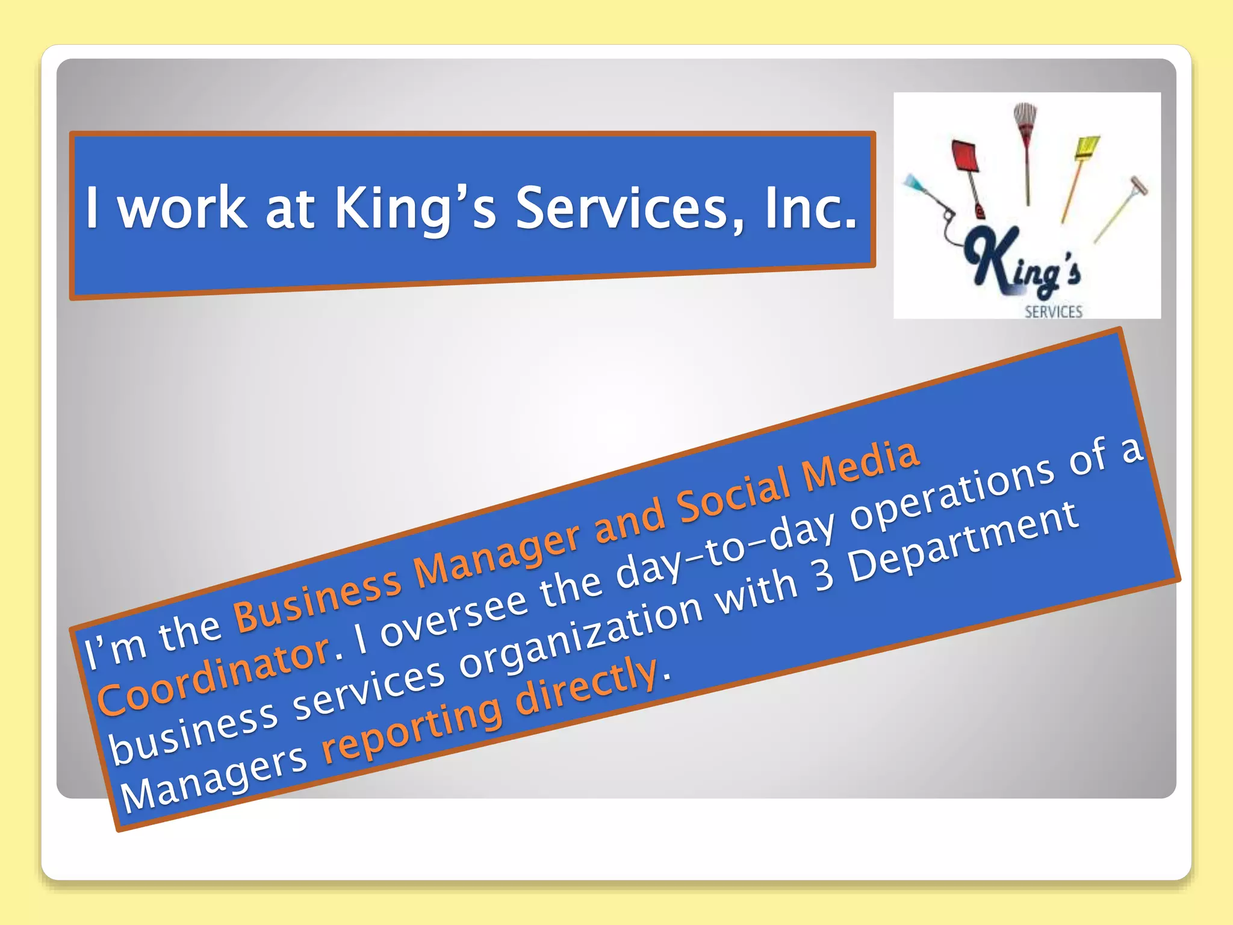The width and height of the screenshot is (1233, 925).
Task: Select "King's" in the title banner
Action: (x=415, y=208)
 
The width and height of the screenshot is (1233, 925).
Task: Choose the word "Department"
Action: (x=963, y=542)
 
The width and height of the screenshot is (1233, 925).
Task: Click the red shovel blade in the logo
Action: (x=964, y=157)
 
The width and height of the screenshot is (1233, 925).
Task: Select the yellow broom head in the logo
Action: (x=1087, y=148)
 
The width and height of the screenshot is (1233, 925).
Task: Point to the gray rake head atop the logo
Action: (x=1025, y=114)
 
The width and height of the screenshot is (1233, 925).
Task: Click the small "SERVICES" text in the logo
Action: (x=1054, y=312)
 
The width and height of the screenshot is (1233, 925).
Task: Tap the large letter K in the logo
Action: (x=993, y=259)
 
